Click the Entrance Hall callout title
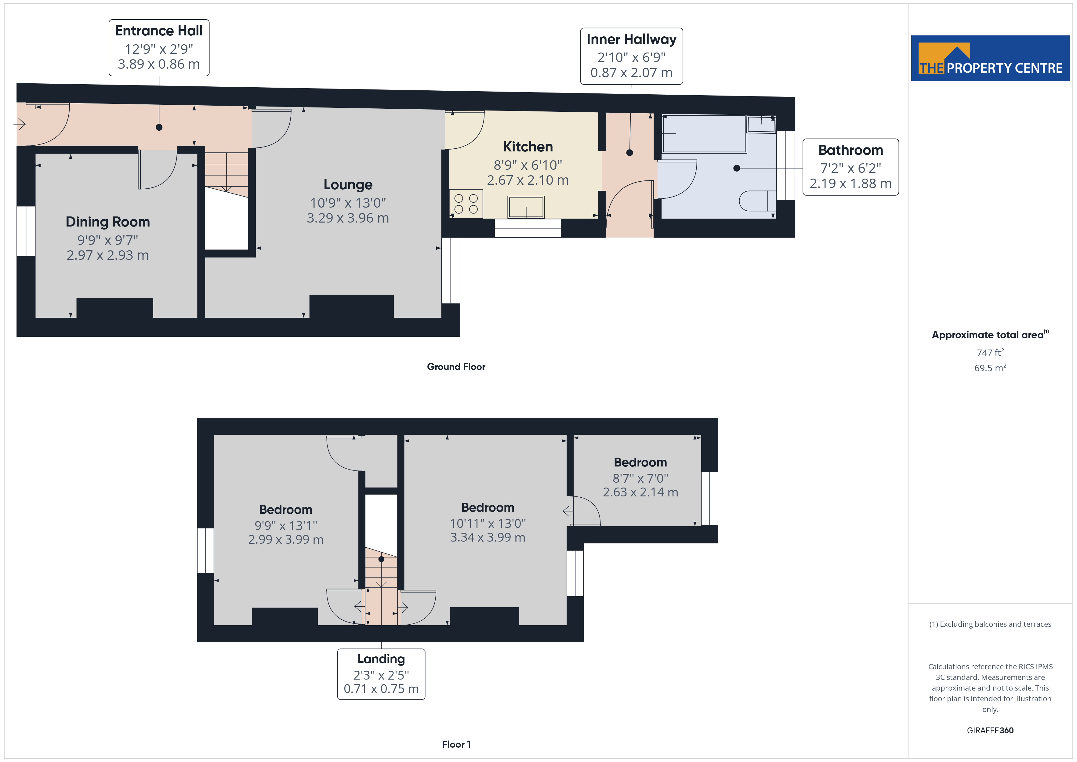pyautogui.click(x=159, y=31)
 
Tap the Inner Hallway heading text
pyautogui.click(x=631, y=39)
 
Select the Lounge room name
pyautogui.click(x=348, y=185)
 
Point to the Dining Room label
pyautogui.click(x=108, y=222)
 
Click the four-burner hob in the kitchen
pyautogui.click(x=466, y=204)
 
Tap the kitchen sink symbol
pyautogui.click(x=526, y=207)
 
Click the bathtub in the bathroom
pyautogui.click(x=704, y=134)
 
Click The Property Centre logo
pyautogui.click(x=990, y=58)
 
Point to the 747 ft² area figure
pyautogui.click(x=990, y=352)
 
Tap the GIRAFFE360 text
pyautogui.click(x=990, y=731)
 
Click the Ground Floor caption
pyautogui.click(x=456, y=367)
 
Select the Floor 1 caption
pyautogui.click(x=456, y=745)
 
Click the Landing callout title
pyautogui.click(x=381, y=659)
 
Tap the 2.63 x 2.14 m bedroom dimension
pyautogui.click(x=640, y=492)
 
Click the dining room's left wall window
pyautogui.click(x=26, y=231)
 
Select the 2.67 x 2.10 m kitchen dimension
pyautogui.click(x=528, y=180)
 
